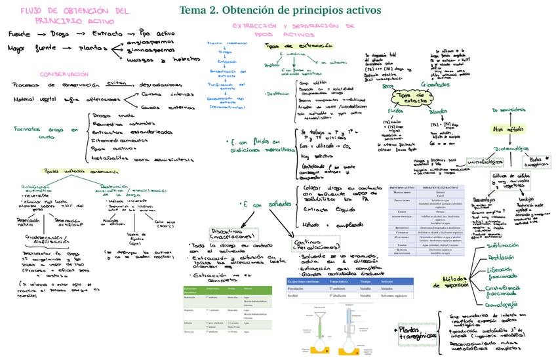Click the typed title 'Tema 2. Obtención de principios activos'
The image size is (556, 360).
(x=288, y=10)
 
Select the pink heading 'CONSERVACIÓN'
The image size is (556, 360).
(x=64, y=74)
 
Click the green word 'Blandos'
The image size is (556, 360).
(x=437, y=111)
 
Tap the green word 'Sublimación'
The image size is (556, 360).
(x=504, y=245)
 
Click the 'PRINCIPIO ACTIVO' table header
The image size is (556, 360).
(x=401, y=188)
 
